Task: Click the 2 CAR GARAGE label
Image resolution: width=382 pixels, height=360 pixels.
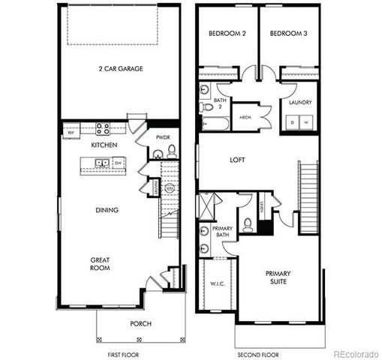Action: pyautogui.click(x=120, y=68)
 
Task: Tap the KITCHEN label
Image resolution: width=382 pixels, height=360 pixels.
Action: pyautogui.click(x=102, y=144)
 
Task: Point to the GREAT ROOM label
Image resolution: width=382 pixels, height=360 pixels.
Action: pyautogui.click(x=101, y=264)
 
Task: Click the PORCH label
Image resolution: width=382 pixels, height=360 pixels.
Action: pyautogui.click(x=140, y=323)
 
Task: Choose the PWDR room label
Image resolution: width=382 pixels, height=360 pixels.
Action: pyautogui.click(x=163, y=137)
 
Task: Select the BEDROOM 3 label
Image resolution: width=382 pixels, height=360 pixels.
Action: pyautogui.click(x=285, y=34)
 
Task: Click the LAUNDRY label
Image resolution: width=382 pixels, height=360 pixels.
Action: pyautogui.click(x=300, y=102)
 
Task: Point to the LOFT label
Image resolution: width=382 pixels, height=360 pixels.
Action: pyautogui.click(x=238, y=160)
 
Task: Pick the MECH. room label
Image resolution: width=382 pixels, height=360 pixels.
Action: pyautogui.click(x=245, y=117)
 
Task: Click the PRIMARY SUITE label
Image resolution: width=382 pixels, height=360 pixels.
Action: pyautogui.click(x=278, y=278)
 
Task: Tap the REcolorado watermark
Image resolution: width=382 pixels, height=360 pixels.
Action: pyautogui.click(x=356, y=353)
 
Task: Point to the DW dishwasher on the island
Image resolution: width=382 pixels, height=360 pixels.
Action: pyautogui.click(x=119, y=162)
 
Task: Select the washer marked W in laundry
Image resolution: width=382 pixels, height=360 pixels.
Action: pyautogui.click(x=307, y=123)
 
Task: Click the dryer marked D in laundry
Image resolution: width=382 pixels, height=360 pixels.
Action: pyautogui.click(x=293, y=123)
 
